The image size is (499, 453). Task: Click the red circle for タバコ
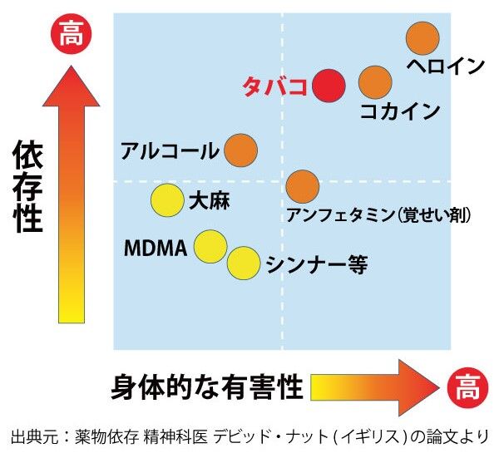pos(330,85)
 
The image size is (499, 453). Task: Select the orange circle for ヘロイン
pos(422,37)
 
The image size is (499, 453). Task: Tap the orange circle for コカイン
pos(375,81)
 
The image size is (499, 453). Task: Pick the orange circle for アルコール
pos(241,150)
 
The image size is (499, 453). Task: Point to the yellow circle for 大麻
pos(166,199)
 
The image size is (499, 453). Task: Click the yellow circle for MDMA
pos(210,246)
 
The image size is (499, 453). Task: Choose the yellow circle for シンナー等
pos(244,263)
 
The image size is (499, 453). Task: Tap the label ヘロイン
pos(445,65)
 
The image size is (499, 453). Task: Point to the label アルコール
pos(170,151)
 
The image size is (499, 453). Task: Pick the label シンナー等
pos(317,264)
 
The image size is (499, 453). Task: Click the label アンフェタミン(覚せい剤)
pos(378,215)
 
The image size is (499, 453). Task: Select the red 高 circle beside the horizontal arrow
pos(464,387)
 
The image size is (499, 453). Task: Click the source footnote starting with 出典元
pos(249,436)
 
